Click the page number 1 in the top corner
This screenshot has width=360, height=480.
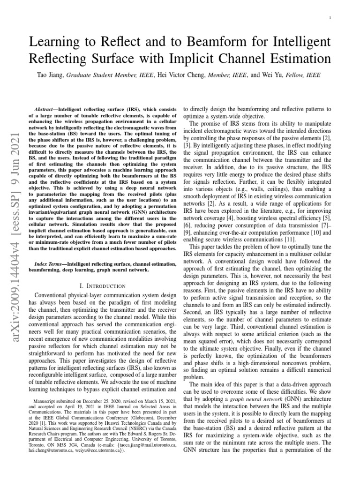pyautogui.click(x=331, y=18)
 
